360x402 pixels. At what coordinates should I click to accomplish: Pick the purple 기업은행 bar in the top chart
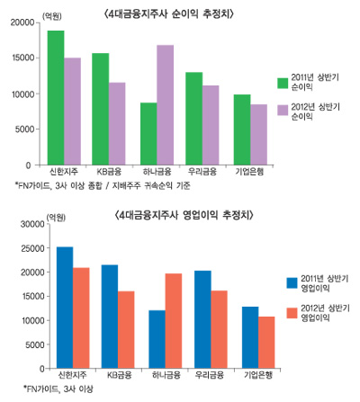click(258, 134)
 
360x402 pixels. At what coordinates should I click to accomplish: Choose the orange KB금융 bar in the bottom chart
click(126, 329)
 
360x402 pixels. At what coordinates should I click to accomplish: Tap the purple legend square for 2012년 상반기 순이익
click(282, 110)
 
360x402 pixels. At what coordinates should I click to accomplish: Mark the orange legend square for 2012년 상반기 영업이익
click(291, 312)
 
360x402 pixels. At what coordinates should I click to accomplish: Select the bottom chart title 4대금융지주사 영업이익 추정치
click(185, 215)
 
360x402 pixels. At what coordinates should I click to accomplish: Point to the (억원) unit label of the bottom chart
click(56, 217)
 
